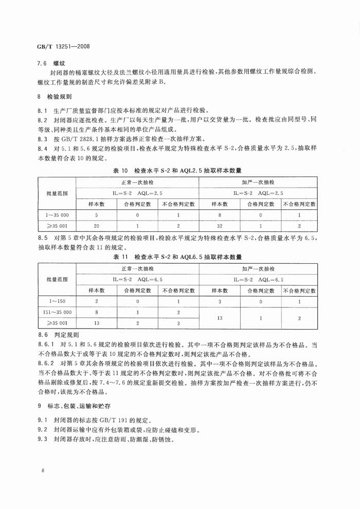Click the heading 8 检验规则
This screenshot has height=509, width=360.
pyautogui.click(x=55, y=97)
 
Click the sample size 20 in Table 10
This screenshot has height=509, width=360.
pyautogui.click(x=96, y=226)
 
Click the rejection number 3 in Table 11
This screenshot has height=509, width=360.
pyautogui.click(x=178, y=323)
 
